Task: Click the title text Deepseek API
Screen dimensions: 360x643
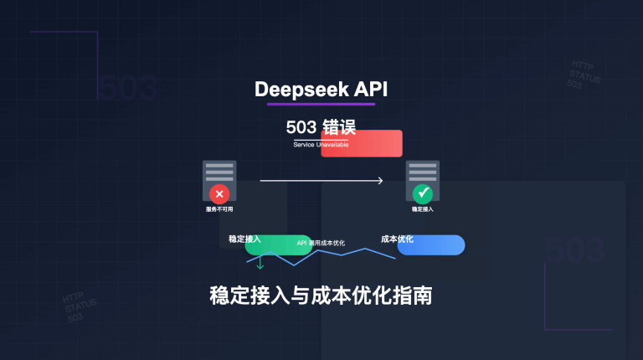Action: [321, 89]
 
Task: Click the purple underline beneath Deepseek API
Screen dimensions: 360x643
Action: [321, 105]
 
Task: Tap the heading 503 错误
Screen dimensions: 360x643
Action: [321, 128]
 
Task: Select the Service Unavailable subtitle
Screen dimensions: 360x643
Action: [321, 145]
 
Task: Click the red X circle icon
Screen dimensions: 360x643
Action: [219, 193]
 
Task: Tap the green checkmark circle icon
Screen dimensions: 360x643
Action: [423, 193]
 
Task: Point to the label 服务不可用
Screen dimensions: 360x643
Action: [219, 209]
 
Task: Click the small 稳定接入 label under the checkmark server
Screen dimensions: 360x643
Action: [423, 209]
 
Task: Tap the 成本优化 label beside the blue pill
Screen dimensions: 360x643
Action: [397, 239]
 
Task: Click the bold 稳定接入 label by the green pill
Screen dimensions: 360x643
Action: [244, 239]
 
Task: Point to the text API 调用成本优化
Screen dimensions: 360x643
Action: [321, 243]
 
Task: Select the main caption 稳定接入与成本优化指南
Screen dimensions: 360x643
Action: [321, 296]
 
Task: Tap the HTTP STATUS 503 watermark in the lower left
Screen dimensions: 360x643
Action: [79, 307]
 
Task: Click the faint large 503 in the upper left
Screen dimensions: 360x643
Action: [127, 87]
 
